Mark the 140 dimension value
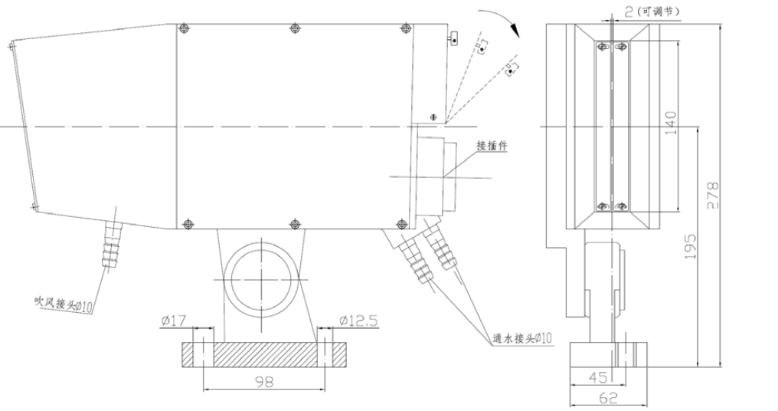pyautogui.click(x=672, y=123)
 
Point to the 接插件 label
pyautogui.click(x=492, y=145)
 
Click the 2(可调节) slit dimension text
pyautogui.click(x=652, y=12)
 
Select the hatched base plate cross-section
pyautogui.click(x=260, y=355)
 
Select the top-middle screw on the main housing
pyautogui.click(x=294, y=28)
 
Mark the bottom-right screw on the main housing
pyautogui.click(x=400, y=223)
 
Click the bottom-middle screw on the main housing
pyautogui.click(x=294, y=224)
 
